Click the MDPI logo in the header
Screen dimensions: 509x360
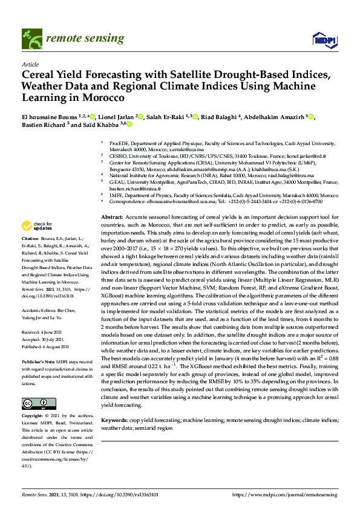coord(324,40)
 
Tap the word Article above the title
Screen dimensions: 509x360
coord(30,64)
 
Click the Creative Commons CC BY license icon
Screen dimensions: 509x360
coord(36,403)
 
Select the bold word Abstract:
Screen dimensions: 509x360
coord(111,216)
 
